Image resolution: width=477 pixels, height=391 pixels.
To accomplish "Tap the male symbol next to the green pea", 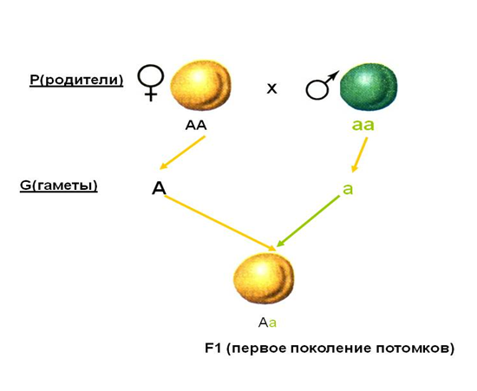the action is pyautogui.click(x=319, y=88).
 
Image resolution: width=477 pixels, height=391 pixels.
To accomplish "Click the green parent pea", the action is pyautogui.click(x=369, y=86).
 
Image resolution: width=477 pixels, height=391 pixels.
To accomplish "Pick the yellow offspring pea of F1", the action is pyautogui.click(x=264, y=278).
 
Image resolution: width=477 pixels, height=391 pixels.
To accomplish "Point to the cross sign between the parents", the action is pyautogui.click(x=271, y=88).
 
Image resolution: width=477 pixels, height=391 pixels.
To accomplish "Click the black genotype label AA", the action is pyautogui.click(x=196, y=125).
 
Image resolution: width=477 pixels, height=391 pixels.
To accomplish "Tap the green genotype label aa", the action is pyautogui.click(x=363, y=125).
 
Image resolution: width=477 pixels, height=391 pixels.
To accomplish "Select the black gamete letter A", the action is pyautogui.click(x=159, y=188).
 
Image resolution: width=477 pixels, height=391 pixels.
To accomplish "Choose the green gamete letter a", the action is pyautogui.click(x=348, y=189).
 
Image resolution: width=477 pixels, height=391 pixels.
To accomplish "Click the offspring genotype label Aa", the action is pyautogui.click(x=267, y=323).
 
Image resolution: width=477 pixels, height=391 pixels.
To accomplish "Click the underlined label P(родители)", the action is pyautogui.click(x=76, y=80).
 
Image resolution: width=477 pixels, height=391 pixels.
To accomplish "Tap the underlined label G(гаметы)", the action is pyautogui.click(x=59, y=186).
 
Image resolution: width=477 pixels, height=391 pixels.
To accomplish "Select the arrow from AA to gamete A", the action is pyautogui.click(x=182, y=153).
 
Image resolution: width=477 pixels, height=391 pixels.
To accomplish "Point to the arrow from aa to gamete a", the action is pyautogui.click(x=360, y=155).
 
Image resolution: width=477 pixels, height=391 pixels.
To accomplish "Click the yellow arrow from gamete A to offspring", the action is pyautogui.click(x=219, y=224).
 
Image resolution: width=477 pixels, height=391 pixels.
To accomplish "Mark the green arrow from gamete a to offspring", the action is pyautogui.click(x=308, y=221).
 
